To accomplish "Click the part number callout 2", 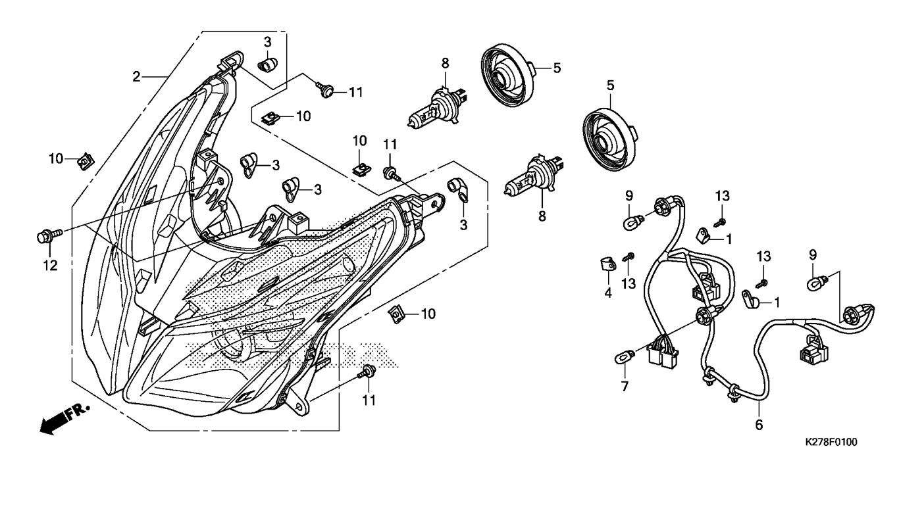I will (x=136, y=76).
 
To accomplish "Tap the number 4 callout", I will (x=608, y=293).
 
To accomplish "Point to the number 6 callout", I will (x=759, y=425).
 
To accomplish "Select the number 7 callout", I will (x=624, y=387).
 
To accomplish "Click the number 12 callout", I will (x=50, y=266).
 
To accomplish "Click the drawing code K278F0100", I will (x=831, y=443).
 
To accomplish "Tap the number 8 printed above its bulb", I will (x=445, y=63).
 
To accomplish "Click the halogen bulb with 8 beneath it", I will (x=528, y=180).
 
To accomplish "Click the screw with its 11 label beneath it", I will (x=366, y=372).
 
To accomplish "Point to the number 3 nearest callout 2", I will (x=267, y=42).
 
